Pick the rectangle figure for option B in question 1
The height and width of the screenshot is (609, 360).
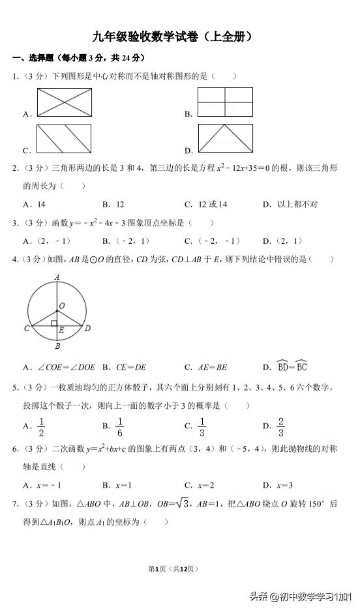[x=225, y=102]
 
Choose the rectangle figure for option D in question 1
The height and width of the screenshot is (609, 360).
[x=225, y=138]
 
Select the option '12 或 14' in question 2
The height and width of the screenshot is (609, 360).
[x=206, y=204]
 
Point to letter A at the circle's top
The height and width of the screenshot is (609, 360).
[x=57, y=276]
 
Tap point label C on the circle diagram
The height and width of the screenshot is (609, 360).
[x=27, y=328]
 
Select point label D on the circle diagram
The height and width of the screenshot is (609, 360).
[x=88, y=328]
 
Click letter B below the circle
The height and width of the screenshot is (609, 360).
[x=57, y=346]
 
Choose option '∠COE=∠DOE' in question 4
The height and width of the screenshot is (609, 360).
[x=59, y=367]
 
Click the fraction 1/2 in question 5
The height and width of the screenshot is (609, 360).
[x=40, y=426]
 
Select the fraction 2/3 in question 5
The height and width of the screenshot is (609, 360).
[x=280, y=426]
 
